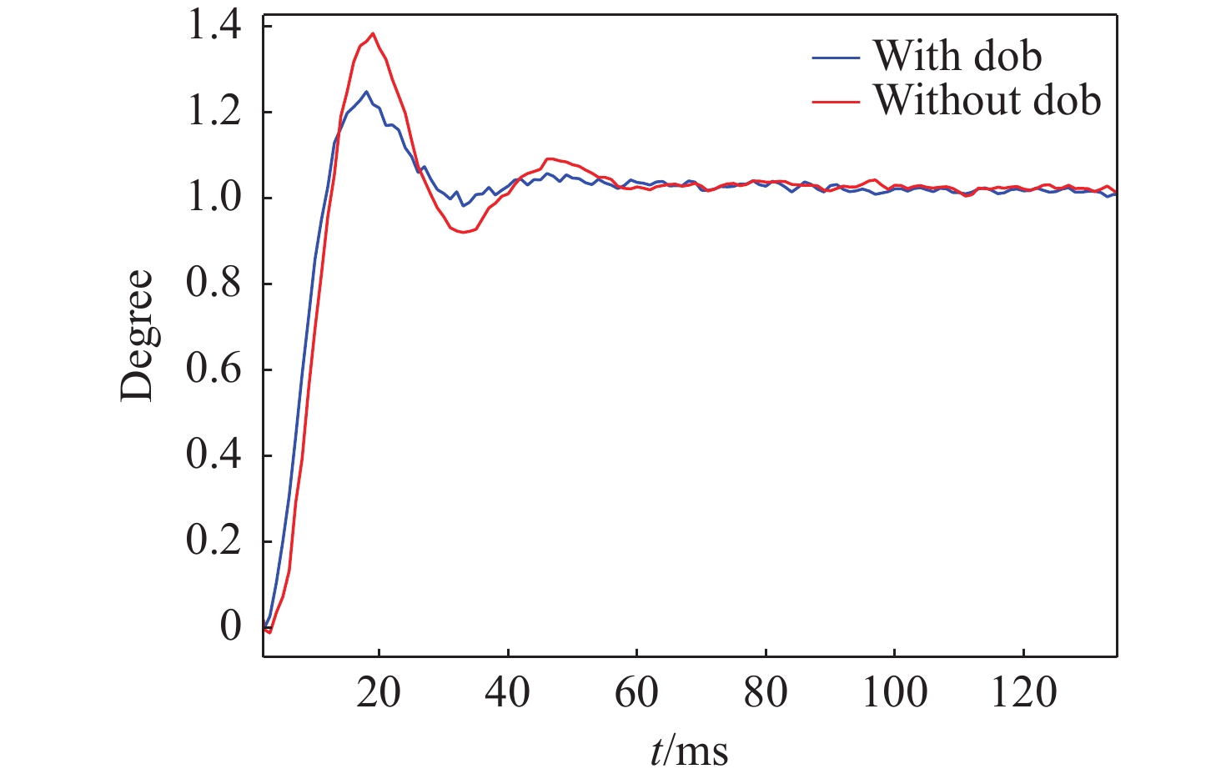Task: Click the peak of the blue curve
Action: [366, 92]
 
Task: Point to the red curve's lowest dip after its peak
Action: [464, 232]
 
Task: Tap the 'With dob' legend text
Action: [957, 56]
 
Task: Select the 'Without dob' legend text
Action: [987, 100]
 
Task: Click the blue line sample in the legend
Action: [835, 58]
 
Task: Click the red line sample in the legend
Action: [835, 102]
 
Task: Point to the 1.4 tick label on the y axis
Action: [214, 26]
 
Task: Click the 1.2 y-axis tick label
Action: [214, 112]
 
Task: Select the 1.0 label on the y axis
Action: [214, 198]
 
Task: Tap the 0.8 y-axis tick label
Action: [214, 284]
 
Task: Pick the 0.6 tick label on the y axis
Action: [214, 369]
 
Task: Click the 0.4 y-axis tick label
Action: [214, 455]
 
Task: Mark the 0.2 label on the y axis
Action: [214, 541]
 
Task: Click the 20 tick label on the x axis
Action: [379, 692]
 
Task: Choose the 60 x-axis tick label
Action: [636, 692]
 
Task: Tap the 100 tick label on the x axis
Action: [894, 692]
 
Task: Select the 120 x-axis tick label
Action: [1023, 692]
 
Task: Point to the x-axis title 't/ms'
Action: [689, 751]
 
